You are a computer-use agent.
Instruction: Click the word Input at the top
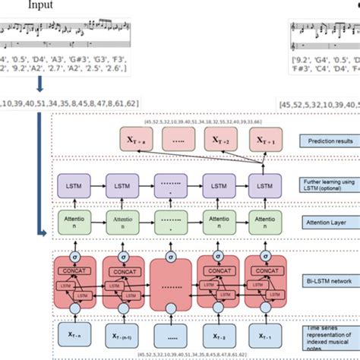pos(43,5)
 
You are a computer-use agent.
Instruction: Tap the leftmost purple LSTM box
pos(74,185)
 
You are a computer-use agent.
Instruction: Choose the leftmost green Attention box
pos(74,223)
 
